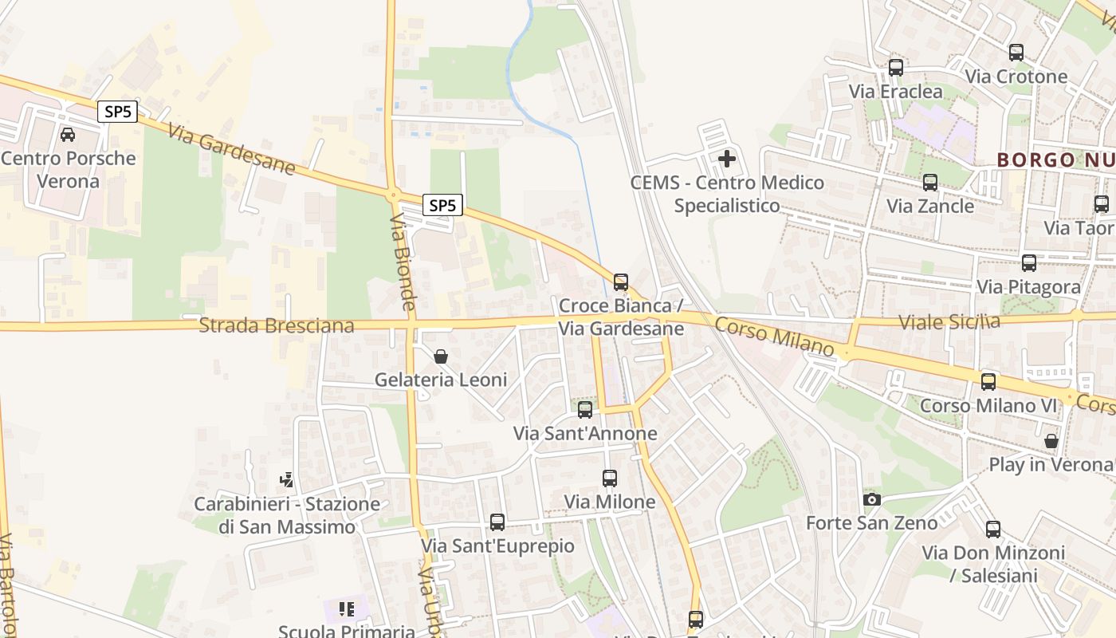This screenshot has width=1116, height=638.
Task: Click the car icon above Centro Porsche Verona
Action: (x=68, y=135)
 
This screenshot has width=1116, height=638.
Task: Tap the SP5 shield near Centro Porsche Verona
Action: (x=118, y=112)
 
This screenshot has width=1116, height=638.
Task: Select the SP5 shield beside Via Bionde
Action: (x=442, y=206)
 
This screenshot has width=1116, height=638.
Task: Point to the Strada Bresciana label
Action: (x=277, y=325)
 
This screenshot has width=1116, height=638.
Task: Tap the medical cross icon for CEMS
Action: (x=727, y=159)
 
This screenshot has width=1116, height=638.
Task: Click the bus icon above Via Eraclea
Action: (x=895, y=68)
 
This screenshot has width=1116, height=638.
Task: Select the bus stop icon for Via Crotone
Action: (x=1016, y=53)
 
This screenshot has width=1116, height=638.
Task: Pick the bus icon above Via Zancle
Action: (x=929, y=183)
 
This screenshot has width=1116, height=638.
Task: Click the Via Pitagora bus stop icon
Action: (x=1028, y=263)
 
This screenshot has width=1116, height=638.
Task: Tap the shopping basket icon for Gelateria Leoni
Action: (x=441, y=356)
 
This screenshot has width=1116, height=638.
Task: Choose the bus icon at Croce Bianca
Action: (x=620, y=282)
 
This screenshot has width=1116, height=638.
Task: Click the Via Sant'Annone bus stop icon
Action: (x=585, y=410)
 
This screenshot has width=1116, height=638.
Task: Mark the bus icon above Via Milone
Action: (x=610, y=478)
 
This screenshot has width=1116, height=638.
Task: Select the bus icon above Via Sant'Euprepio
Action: (x=497, y=522)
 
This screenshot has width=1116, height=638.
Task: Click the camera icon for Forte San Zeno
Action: (x=872, y=499)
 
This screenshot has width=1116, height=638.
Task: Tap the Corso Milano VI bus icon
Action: (x=988, y=382)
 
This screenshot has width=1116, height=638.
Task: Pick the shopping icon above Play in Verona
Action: (x=1051, y=441)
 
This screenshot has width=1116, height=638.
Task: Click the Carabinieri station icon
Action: (x=286, y=480)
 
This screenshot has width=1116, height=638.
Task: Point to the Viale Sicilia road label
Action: (x=949, y=322)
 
